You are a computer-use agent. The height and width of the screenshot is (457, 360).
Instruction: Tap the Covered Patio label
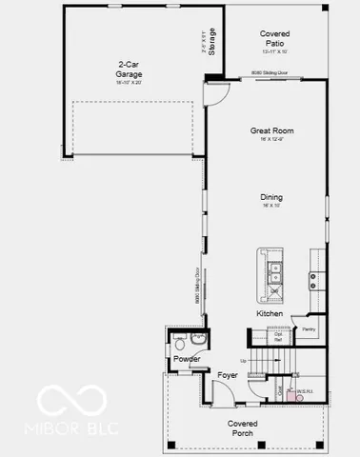pyautogui.click(x=274, y=38)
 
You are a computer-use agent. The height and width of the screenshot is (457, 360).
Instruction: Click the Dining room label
pyautogui.click(x=272, y=198)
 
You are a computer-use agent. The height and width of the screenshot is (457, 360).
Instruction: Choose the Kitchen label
pyautogui.click(x=270, y=313)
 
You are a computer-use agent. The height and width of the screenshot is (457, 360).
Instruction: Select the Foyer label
pyautogui.click(x=228, y=375)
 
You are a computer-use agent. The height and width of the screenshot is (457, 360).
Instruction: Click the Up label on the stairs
pyautogui.click(x=244, y=361)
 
